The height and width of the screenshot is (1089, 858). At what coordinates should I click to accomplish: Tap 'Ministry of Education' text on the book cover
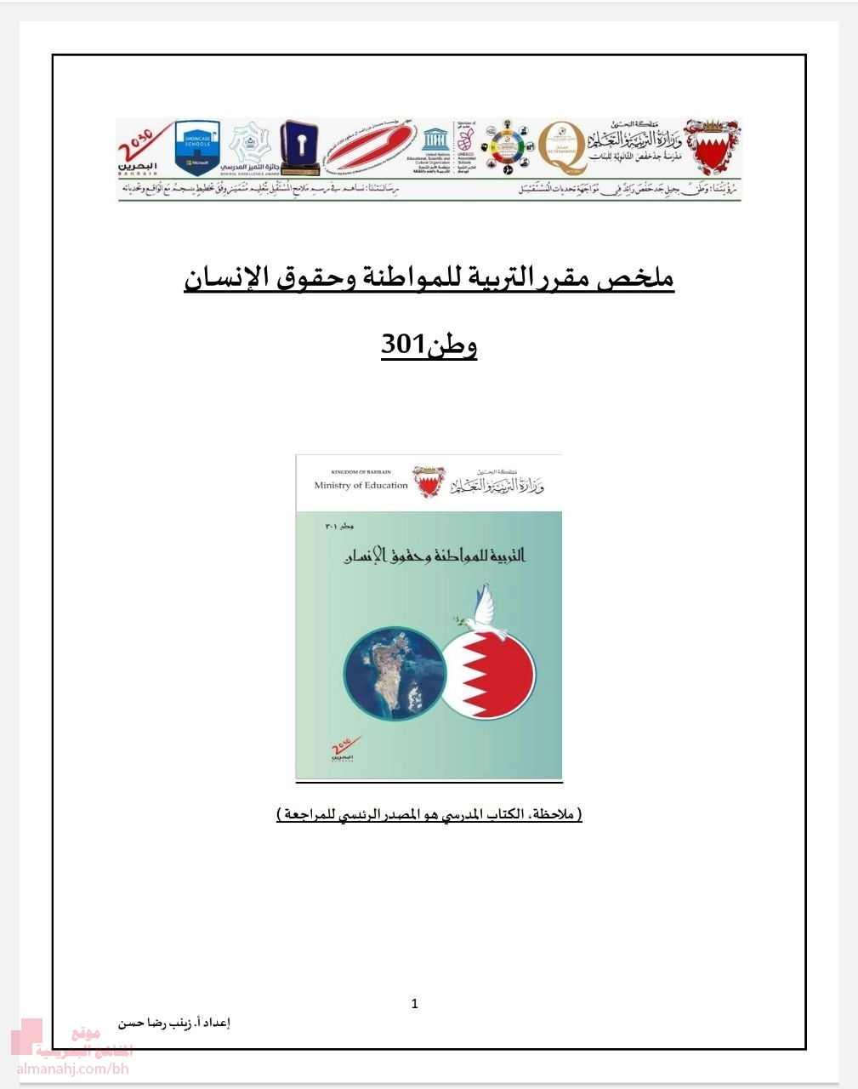(361, 485)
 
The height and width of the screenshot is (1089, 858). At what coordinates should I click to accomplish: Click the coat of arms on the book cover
(428, 481)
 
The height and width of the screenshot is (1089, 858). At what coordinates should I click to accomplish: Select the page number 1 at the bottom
(415, 1004)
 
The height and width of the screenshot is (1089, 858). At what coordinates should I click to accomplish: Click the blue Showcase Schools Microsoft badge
(197, 147)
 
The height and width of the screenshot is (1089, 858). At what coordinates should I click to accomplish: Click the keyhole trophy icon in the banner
(299, 143)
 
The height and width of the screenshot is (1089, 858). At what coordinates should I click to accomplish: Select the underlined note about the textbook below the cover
(429, 815)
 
